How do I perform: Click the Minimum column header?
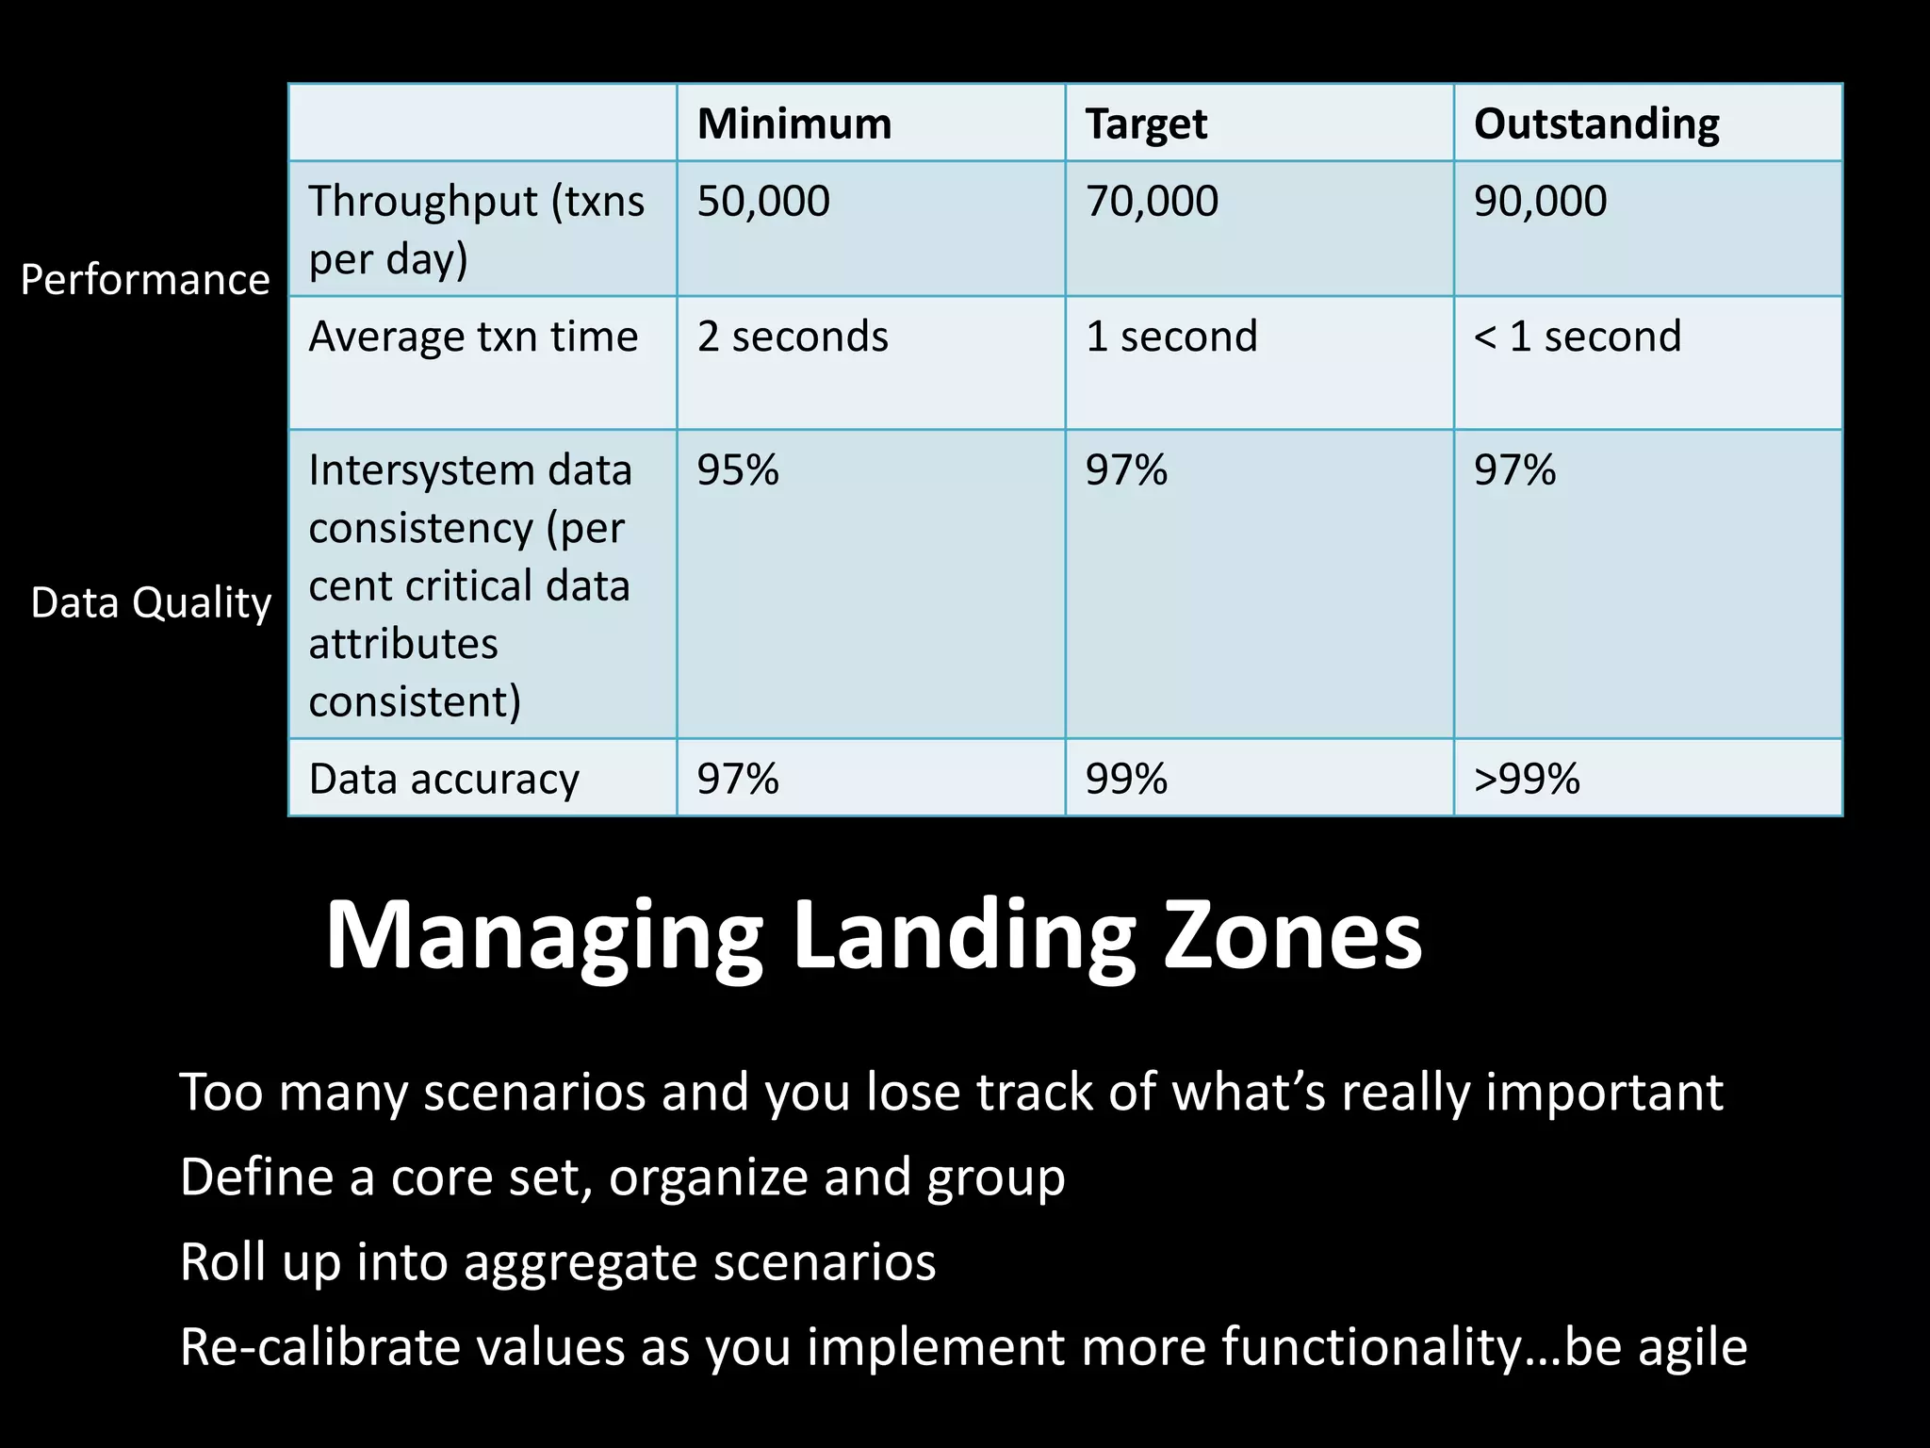coord(794,123)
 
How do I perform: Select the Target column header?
coord(1146,123)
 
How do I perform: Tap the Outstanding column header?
coord(1596,123)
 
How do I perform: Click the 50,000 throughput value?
coord(763,201)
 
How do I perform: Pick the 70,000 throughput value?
coord(1152,201)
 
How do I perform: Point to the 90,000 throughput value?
coord(1540,201)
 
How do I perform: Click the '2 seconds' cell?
coord(793,337)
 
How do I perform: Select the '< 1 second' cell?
coord(1578,337)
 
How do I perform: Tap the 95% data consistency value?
coord(738,469)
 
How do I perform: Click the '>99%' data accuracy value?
coord(1527,779)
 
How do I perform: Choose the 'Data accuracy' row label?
coord(444,779)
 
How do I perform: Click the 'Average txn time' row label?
coord(473,337)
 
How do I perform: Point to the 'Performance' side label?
coord(145,280)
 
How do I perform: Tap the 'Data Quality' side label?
coord(151,602)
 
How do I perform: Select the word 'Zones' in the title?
coord(1293,936)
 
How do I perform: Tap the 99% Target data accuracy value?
coord(1126,779)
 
